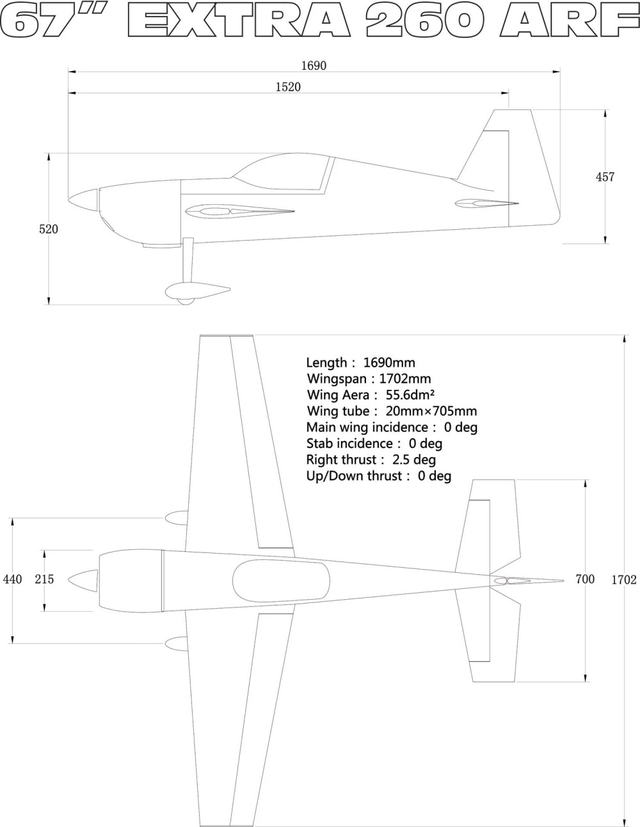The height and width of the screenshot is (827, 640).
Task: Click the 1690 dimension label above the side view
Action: pyautogui.click(x=314, y=66)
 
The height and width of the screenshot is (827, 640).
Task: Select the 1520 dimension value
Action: pyautogui.click(x=288, y=87)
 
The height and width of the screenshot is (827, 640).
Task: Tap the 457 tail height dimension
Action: pyautogui.click(x=605, y=177)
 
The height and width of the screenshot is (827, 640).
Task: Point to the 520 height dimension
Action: pyautogui.click(x=49, y=229)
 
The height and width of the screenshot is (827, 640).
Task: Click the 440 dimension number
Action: pyautogui.click(x=13, y=579)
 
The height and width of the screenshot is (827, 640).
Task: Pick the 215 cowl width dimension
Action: pyautogui.click(x=45, y=579)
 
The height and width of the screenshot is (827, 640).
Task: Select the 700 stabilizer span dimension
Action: pyautogui.click(x=585, y=579)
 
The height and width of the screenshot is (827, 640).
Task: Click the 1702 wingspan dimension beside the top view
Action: pyautogui.click(x=624, y=580)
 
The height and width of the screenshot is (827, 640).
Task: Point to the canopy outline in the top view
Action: pyautogui.click(x=281, y=581)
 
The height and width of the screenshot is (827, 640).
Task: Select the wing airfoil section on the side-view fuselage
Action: pyautogui.click(x=240, y=212)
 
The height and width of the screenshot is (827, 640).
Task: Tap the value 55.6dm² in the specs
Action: pyautogui.click(x=410, y=395)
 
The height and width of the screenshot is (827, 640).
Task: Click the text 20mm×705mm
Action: pyautogui.click(x=431, y=411)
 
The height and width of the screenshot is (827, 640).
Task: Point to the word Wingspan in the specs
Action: pyautogui.click(x=337, y=379)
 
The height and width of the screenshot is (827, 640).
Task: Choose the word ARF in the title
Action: pyautogui.click(x=569, y=19)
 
